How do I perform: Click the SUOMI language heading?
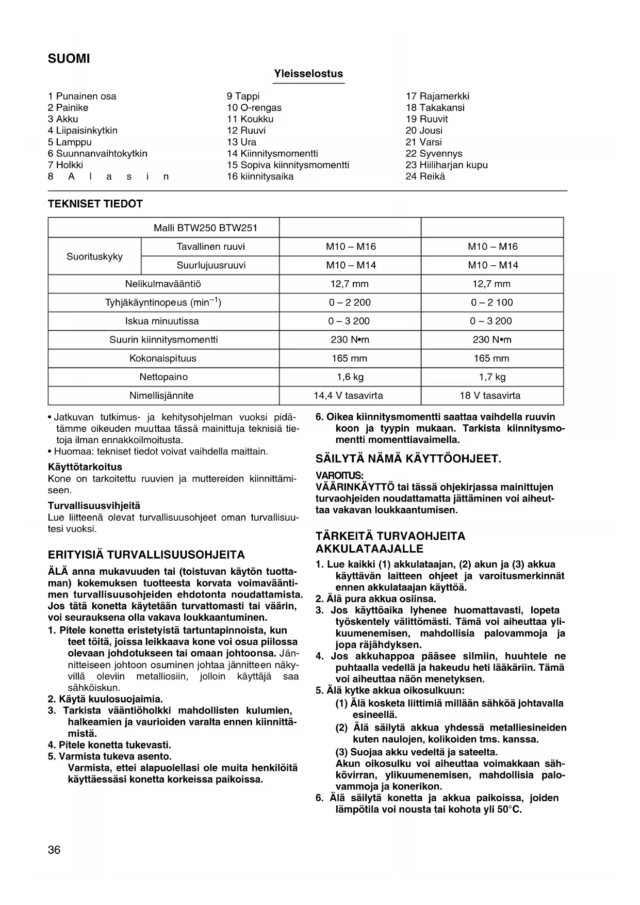click(69, 59)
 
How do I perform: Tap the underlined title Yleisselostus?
click(308, 74)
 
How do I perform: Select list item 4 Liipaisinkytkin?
click(83, 131)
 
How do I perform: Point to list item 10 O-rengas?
click(254, 108)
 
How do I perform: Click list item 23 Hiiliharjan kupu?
click(447, 165)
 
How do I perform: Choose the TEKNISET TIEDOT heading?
click(95, 204)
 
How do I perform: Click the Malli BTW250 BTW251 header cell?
click(205, 228)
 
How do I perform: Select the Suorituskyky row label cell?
click(94, 256)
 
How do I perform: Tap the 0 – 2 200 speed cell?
click(350, 302)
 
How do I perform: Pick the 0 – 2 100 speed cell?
click(491, 302)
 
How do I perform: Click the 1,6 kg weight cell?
click(350, 377)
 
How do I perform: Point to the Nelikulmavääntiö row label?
click(163, 284)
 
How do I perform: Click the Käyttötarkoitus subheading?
click(85, 467)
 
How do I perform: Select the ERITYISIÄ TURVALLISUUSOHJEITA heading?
click(146, 555)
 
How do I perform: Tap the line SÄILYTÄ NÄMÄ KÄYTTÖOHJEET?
click(408, 459)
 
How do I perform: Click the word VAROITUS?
click(339, 475)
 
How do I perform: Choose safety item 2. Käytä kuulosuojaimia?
click(105, 699)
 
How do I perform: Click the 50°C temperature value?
click(510, 810)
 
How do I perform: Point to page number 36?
click(54, 850)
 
